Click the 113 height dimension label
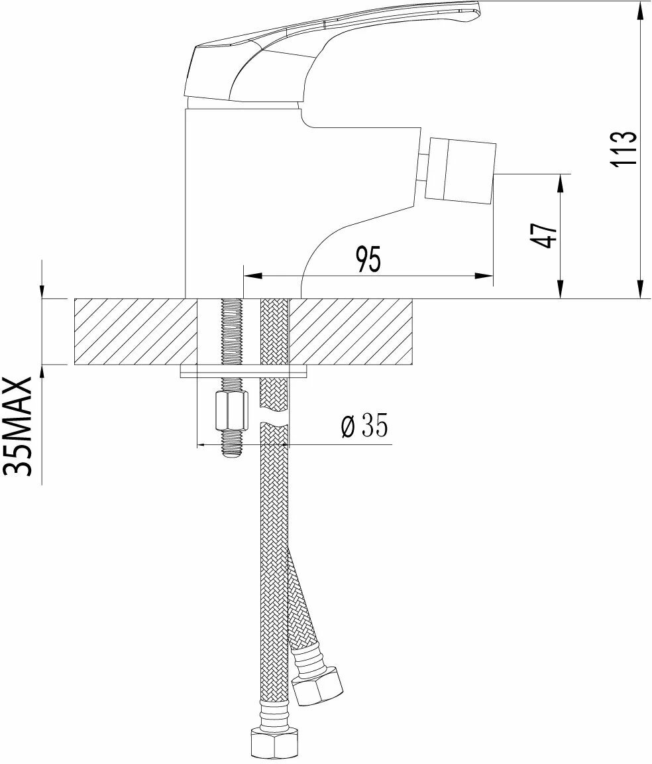tap(624, 148)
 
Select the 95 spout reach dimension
tap(368, 259)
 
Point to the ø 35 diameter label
tap(364, 426)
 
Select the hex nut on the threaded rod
tap(231, 411)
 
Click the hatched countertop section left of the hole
tap(135, 331)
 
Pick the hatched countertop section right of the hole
tap(351, 331)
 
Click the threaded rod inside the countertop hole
tap(231, 331)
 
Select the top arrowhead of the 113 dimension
tap(639, 8)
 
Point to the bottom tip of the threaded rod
tap(231, 454)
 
